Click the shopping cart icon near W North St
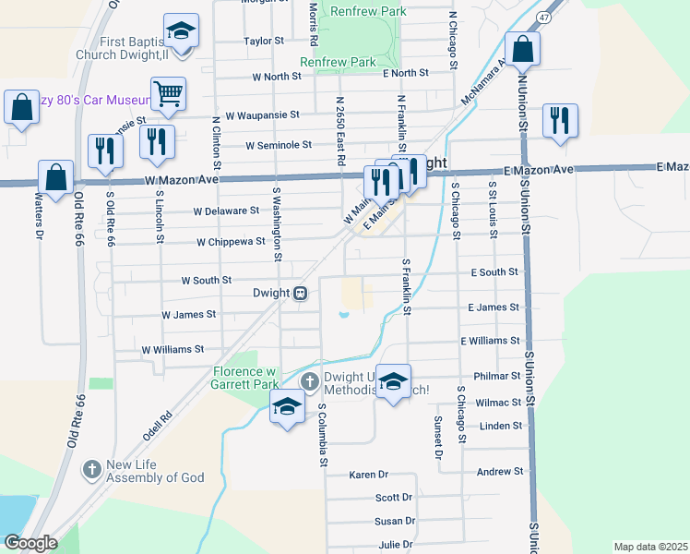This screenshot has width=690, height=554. [x=169, y=92]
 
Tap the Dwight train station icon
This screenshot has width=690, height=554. [x=301, y=294]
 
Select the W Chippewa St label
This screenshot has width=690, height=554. [x=231, y=242]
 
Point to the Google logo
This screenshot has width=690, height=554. [x=30, y=542]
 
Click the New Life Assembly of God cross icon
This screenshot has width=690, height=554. [x=91, y=470]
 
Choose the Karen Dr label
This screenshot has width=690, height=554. [x=369, y=475]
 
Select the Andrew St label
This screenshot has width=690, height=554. [x=499, y=471]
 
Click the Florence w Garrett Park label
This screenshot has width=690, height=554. [x=245, y=378]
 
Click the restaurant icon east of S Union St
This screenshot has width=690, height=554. [x=560, y=121]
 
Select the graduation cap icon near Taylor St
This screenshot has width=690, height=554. [x=182, y=30]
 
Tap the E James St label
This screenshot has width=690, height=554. [x=494, y=307]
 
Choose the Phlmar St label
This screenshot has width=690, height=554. [x=496, y=377]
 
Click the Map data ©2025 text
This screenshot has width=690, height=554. [x=650, y=547]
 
